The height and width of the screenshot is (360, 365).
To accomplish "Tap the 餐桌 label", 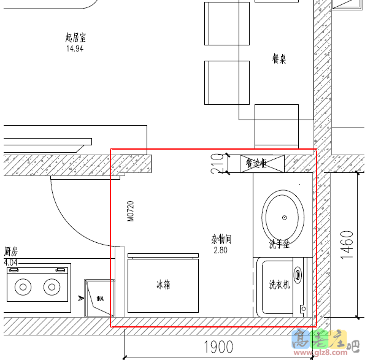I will (279, 59).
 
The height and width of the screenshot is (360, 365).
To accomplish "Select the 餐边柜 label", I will (256, 164).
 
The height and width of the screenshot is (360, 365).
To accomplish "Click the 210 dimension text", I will (217, 164).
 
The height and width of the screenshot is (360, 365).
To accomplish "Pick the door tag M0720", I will (130, 211).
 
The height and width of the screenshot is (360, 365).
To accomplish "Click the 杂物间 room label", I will (221, 239).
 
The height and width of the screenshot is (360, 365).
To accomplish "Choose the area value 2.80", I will (221, 250).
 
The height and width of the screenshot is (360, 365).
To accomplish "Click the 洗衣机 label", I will (279, 285).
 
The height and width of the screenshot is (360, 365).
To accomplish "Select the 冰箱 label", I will (163, 285).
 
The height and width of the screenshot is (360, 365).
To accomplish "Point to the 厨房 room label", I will (10, 251).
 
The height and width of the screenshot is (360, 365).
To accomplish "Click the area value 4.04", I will (11, 262).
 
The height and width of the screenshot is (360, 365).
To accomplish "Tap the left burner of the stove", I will (24, 286).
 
